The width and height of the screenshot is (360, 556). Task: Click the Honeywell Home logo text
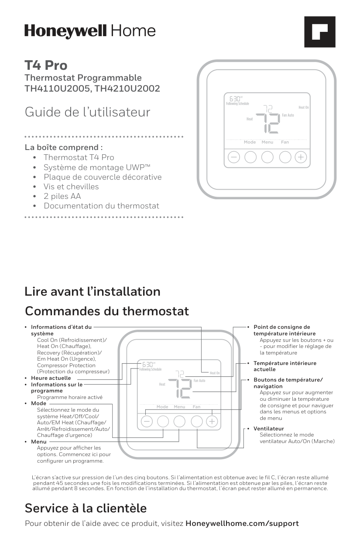[90, 31]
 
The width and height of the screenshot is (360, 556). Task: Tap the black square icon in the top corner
[319, 32]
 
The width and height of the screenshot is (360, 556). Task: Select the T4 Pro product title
[46, 65]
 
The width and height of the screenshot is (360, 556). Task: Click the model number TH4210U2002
[127, 89]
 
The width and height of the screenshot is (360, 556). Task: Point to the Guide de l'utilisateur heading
[87, 112]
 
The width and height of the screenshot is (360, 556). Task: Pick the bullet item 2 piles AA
[62, 196]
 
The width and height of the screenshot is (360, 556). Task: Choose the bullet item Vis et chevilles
[71, 187]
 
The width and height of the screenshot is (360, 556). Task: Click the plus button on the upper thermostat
[301, 157]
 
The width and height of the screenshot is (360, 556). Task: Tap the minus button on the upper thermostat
[234, 157]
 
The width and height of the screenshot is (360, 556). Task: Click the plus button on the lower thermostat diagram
[212, 421]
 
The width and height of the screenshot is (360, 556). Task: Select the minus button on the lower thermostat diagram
[147, 421]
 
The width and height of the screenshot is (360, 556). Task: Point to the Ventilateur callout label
[269, 429]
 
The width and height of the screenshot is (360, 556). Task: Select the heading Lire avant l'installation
[93, 291]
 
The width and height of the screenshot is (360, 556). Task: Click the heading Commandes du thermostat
[107, 311]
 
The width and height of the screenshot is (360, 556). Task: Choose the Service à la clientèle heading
[86, 508]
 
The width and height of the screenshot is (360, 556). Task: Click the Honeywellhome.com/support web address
[242, 523]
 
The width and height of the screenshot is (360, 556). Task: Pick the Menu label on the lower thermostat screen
[179, 407]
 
